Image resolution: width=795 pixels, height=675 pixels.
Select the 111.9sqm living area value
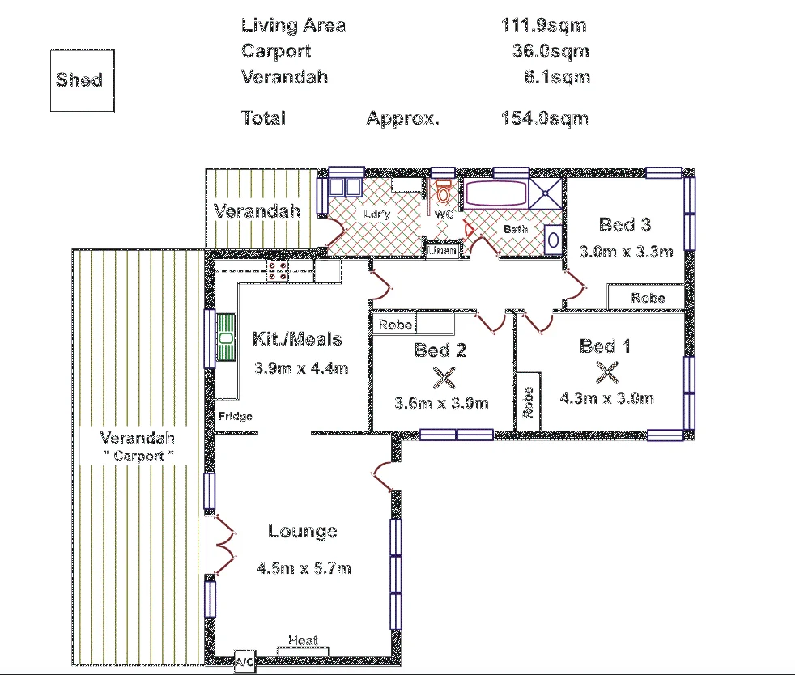pos(543,25)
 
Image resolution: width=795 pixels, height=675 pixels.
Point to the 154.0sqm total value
pos(544,118)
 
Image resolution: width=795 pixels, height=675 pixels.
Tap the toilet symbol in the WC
pos(443,193)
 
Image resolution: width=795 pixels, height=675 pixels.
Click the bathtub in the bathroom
pos(495,196)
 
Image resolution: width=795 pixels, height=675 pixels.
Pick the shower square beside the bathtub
pos(546,194)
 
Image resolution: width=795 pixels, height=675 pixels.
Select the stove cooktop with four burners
pos(278,270)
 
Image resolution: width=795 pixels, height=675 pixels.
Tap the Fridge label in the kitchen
pos(236,417)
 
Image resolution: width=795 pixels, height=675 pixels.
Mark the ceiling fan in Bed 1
pos(606,372)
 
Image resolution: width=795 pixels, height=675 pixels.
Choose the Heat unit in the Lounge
pos(303,645)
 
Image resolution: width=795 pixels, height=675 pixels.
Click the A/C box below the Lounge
pos(244,661)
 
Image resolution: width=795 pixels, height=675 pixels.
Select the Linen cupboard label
pos(443,251)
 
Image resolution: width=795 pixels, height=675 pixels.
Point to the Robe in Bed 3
pos(648,297)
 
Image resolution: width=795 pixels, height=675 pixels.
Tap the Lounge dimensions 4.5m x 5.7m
pos(304,568)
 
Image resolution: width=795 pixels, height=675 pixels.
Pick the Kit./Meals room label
pos(297,340)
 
